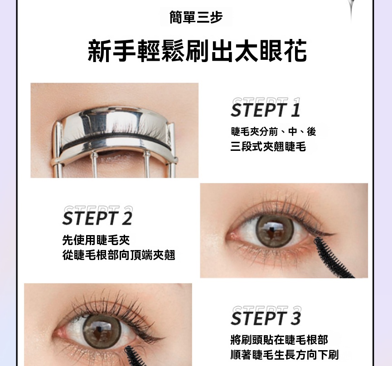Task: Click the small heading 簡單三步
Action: [196, 17]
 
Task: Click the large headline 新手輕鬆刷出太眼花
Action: [197, 51]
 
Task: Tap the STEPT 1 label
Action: [266, 110]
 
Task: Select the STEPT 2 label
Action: [97, 218]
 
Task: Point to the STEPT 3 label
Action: [266, 318]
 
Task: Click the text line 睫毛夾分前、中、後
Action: [274, 131]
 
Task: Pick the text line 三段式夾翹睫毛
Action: [268, 146]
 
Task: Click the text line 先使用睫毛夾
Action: [96, 240]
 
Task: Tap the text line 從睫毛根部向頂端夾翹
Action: [118, 255]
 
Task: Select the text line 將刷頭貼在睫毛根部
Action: [279, 340]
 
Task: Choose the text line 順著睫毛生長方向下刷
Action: [285, 355]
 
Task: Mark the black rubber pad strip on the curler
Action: [116, 141]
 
